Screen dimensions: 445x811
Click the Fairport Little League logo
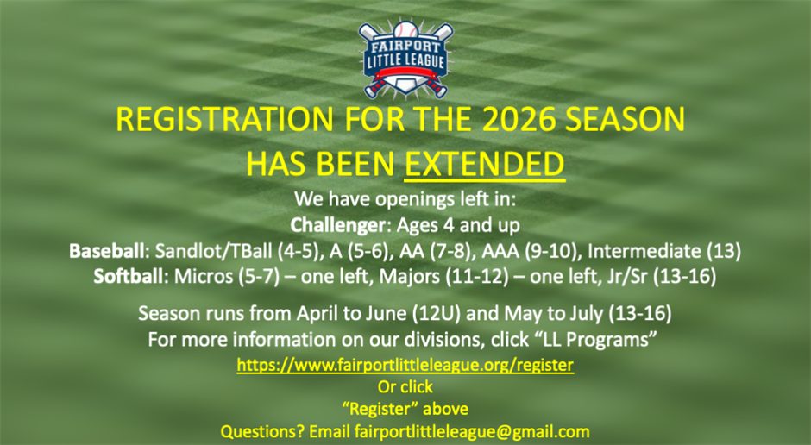click(x=405, y=58)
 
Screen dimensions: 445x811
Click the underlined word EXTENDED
click(x=485, y=163)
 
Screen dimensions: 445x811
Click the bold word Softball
click(x=130, y=277)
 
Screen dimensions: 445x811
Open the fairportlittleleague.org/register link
click(x=405, y=365)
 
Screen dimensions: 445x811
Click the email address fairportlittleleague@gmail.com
click(x=472, y=431)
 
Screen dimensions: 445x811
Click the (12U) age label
click(x=437, y=313)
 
